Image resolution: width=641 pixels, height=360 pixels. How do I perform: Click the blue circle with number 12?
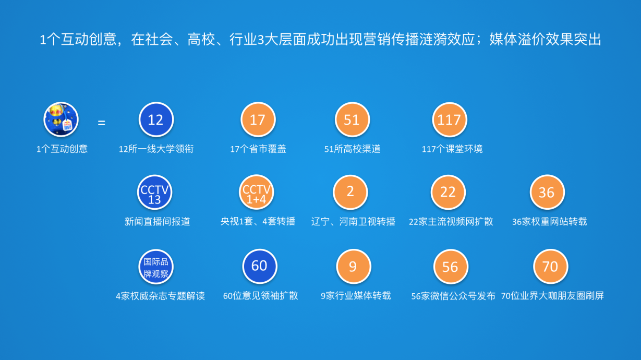click(156, 119)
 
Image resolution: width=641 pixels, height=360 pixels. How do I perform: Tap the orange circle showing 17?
click(258, 119)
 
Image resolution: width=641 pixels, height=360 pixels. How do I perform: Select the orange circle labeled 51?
click(352, 119)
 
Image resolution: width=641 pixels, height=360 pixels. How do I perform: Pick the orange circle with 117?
click(450, 119)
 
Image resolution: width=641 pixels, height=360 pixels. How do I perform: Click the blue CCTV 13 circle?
click(154, 192)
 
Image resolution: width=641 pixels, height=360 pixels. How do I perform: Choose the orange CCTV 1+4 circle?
click(257, 192)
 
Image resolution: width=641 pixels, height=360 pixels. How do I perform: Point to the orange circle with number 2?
click(350, 192)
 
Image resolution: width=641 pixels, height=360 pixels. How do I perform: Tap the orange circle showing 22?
click(448, 192)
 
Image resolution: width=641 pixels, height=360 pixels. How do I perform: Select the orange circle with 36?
click(547, 192)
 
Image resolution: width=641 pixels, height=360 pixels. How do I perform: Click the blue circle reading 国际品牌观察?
click(156, 267)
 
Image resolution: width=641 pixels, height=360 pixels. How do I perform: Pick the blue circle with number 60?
click(260, 266)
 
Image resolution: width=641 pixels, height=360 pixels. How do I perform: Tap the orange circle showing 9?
click(354, 267)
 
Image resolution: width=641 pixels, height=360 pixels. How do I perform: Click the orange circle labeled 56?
click(451, 267)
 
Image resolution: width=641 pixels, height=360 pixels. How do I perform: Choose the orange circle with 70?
click(551, 267)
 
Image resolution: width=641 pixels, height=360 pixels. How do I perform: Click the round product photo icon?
click(61, 119)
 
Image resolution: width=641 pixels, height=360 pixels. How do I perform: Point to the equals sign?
click(101, 123)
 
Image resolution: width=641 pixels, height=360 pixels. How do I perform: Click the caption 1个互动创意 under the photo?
click(62, 149)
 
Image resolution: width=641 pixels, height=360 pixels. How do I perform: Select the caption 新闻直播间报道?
click(157, 222)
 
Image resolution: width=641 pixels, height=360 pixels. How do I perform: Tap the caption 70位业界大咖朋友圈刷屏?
click(552, 296)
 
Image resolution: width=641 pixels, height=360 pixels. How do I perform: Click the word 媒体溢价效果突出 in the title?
click(545, 39)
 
